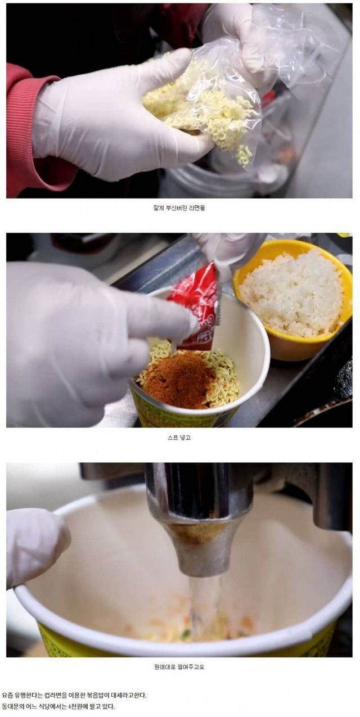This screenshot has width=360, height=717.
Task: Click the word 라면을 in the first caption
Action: point(198,208)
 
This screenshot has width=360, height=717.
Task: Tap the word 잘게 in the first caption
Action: point(158,208)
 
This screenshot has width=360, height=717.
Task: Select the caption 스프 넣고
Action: point(179,438)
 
